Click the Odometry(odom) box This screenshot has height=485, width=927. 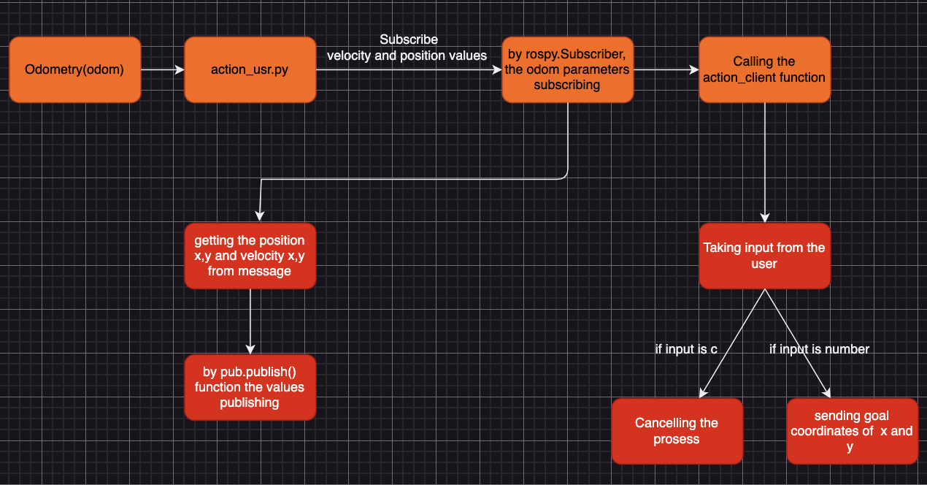point(74,70)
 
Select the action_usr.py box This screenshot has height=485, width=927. point(250,70)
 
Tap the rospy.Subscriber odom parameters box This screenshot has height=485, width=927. point(567,70)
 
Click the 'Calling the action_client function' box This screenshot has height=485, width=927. point(764,70)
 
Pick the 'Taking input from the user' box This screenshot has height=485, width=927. point(764,256)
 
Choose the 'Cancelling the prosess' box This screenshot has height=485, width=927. point(677,431)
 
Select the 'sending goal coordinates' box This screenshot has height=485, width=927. point(852,431)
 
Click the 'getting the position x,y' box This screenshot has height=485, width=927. point(250,256)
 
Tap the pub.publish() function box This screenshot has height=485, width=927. point(250,387)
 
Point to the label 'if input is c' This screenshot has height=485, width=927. point(686,349)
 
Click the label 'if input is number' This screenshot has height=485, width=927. point(819,349)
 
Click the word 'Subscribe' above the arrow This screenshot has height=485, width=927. point(409,39)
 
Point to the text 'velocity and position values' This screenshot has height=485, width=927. point(407,56)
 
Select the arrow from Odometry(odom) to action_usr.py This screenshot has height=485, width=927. point(162,70)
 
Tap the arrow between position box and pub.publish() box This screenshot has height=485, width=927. point(250,321)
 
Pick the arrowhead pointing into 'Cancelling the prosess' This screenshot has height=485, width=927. point(702,393)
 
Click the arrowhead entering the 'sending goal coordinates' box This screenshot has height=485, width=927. point(826,393)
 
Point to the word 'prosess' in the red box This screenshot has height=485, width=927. point(677,440)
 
